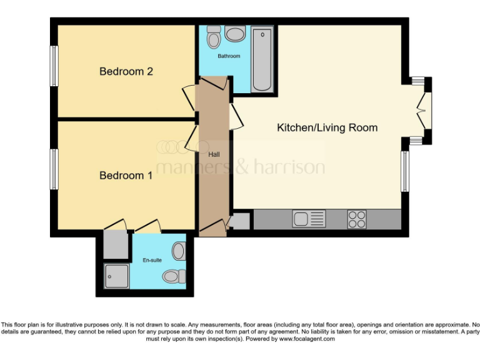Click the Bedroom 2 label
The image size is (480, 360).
pyautogui.click(x=126, y=71)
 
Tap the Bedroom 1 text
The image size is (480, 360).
pyautogui.click(x=126, y=176)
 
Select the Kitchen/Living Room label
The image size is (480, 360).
pyautogui.click(x=327, y=127)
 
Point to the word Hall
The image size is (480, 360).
pyautogui.click(x=214, y=154)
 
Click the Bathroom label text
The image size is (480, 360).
pyautogui.click(x=229, y=56)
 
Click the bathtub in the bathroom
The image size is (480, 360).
pyautogui.click(x=262, y=59)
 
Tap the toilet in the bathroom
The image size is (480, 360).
pyautogui.click(x=214, y=39)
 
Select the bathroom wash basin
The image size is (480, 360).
pyautogui.click(x=236, y=34)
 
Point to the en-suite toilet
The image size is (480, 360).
pyautogui.click(x=171, y=276)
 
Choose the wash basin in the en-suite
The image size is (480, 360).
pyautogui.click(x=179, y=251)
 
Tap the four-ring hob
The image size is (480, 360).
pyautogui.click(x=357, y=219)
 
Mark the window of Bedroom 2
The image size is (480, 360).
pyautogui.click(x=54, y=66)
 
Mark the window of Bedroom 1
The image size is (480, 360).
pyautogui.click(x=54, y=169)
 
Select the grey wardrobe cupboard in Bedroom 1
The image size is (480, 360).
pyautogui.click(x=116, y=245)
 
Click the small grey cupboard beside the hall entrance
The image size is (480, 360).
pyautogui.click(x=240, y=221)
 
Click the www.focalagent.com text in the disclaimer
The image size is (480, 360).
pyautogui.click(x=307, y=339)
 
